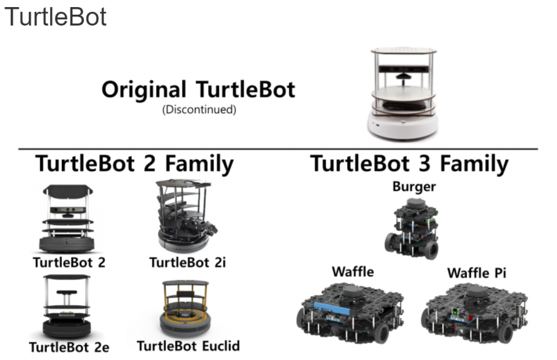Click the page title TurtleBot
(x=55, y=17)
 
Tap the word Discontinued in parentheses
(x=199, y=109)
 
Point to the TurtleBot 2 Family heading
(x=134, y=163)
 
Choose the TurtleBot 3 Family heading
(x=409, y=163)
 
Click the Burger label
(x=414, y=187)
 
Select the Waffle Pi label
(x=476, y=272)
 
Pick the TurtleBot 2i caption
(x=187, y=263)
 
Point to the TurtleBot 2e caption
(x=69, y=347)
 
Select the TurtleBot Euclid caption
(x=188, y=346)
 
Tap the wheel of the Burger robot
(x=429, y=250)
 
